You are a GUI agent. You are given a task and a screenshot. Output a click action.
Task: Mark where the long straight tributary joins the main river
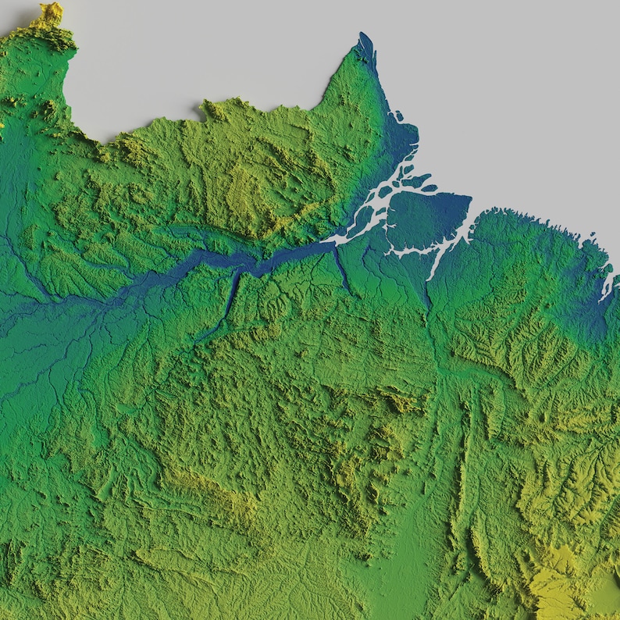pyautogui.click(x=239, y=269)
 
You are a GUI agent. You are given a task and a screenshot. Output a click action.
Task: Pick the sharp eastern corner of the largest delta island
pyautogui.click(x=471, y=197)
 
